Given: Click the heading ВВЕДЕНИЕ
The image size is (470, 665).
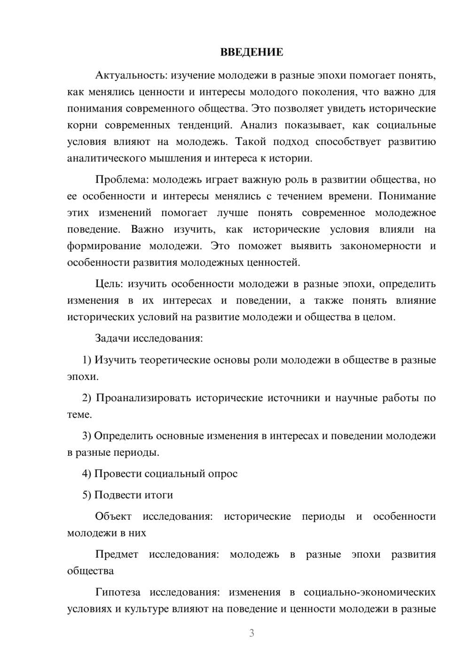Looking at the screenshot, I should coord(251,52).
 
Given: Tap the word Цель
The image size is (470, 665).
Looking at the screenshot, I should coord(109,284).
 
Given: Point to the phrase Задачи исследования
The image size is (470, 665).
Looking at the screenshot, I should coord(149,338).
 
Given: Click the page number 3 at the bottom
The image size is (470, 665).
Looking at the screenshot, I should coord(251,633).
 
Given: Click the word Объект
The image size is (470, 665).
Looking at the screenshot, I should coord(113,516).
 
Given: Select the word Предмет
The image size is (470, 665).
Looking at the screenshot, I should coord(117,554).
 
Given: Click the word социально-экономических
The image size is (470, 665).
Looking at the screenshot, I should coord(369,592).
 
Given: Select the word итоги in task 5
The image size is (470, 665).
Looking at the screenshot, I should coord(158,495).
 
